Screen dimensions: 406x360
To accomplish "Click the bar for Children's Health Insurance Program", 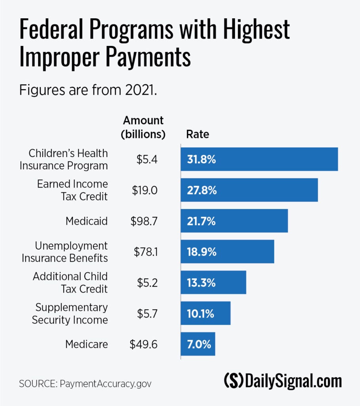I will tap(259, 159).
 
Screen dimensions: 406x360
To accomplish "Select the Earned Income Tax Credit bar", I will tap(250, 190).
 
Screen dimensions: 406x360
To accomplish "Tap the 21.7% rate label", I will tap(201, 221).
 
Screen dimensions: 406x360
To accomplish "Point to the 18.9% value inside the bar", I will tap(202, 252).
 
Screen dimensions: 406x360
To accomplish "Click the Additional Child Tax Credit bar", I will tap(213, 283).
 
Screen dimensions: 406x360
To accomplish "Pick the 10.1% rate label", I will tap(201, 314).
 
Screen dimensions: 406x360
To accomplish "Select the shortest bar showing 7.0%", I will tap(198, 344).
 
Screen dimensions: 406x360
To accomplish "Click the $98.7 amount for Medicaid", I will tap(144, 221).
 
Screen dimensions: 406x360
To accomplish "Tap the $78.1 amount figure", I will tap(145, 252).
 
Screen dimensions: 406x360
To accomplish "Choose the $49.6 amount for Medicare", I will tap(144, 344).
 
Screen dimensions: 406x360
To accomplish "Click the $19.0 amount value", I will tap(145, 190).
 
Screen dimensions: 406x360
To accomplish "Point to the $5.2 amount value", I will tap(147, 283).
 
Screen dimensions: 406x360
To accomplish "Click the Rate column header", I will tap(198, 134).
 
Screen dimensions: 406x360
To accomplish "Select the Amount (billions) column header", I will tap(143, 127).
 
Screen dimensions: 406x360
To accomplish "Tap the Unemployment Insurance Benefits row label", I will tap(65, 252).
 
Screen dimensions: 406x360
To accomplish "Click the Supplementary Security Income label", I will tap(70, 314).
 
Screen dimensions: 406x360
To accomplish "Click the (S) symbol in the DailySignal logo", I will tap(234, 381).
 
